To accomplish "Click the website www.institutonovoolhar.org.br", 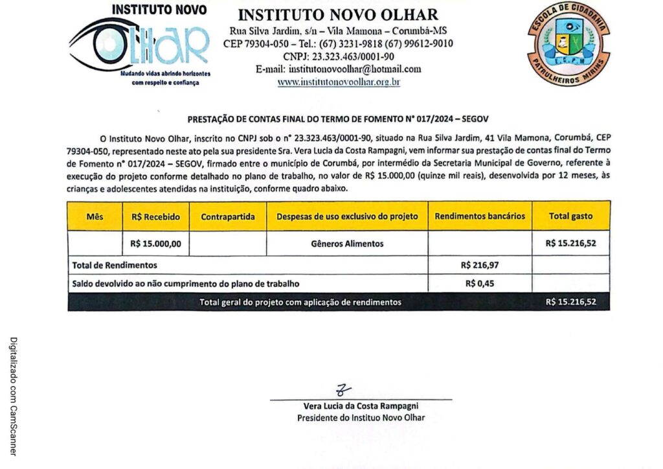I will (x=339, y=82).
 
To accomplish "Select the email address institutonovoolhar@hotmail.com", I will (x=338, y=69).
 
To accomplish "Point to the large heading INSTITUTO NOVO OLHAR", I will (x=338, y=14).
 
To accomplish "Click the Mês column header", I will (x=95, y=216).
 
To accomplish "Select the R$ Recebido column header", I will (x=155, y=216).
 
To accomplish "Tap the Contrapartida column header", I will (x=228, y=216).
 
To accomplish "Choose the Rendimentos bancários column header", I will (x=480, y=216).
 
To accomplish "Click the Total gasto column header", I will (x=570, y=216).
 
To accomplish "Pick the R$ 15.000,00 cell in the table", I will (x=155, y=244).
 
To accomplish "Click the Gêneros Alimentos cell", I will (x=347, y=244).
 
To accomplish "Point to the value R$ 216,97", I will (x=480, y=265).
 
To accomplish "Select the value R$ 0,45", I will (x=480, y=283).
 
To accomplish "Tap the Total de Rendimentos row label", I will (x=115, y=265).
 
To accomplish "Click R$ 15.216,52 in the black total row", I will (x=570, y=302).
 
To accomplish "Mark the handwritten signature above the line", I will (x=343, y=390).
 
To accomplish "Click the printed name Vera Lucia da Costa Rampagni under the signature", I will (x=361, y=406).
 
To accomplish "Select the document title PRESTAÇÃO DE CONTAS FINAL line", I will (x=338, y=119).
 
